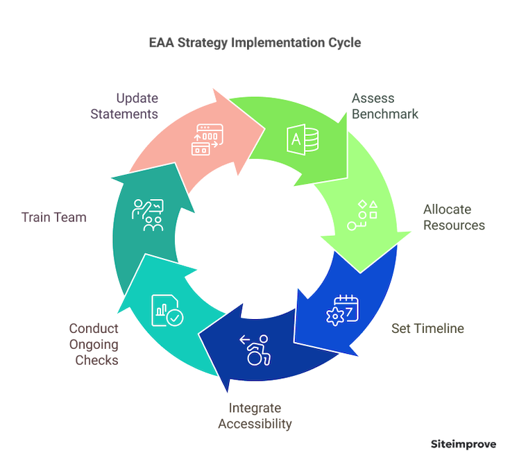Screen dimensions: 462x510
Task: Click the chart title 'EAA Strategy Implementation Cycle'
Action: click(x=255, y=42)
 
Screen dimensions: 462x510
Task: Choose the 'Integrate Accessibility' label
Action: click(x=255, y=416)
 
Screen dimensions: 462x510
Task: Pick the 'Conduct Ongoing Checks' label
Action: click(x=94, y=344)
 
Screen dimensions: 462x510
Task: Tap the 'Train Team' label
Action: click(x=53, y=217)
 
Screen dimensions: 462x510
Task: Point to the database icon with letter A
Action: click(x=304, y=138)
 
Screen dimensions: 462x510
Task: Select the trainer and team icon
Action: click(x=147, y=215)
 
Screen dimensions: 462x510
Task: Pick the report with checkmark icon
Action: click(x=167, y=310)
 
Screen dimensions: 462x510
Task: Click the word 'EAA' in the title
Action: click(x=162, y=42)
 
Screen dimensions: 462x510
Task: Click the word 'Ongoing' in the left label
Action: click(x=94, y=344)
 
